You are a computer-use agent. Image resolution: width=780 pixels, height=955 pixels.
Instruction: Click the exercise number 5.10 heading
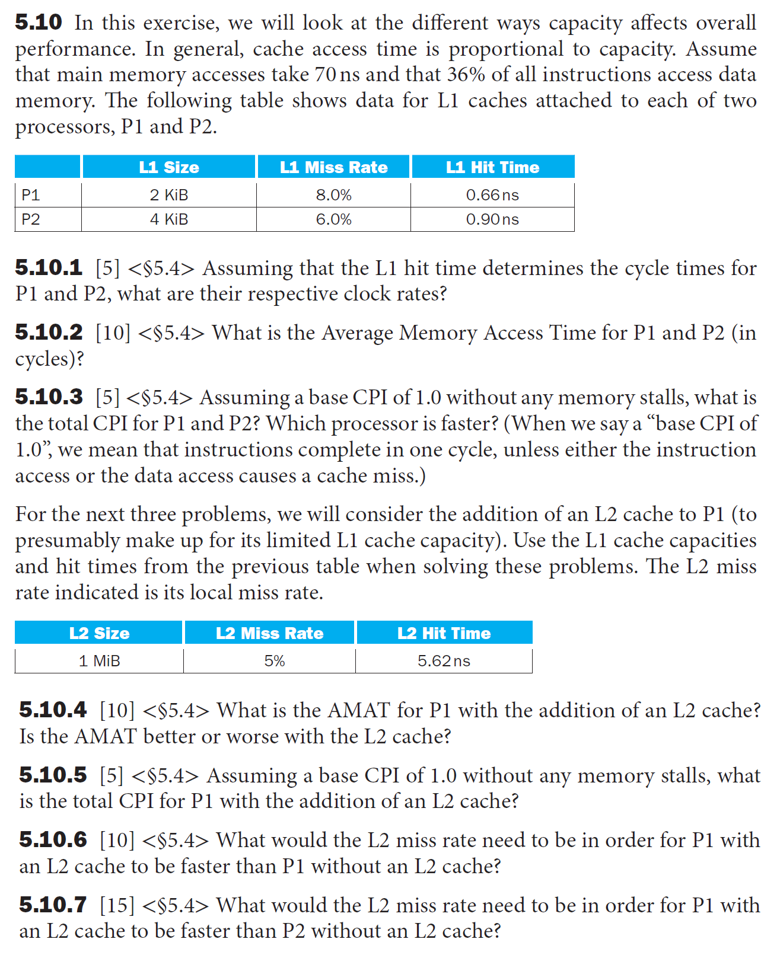pos(39,23)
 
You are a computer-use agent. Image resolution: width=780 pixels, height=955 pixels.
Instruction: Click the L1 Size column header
pos(169,167)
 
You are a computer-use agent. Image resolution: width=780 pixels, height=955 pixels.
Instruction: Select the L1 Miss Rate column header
pos(333,167)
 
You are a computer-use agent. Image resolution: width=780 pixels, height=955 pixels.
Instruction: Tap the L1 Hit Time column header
pos(492,167)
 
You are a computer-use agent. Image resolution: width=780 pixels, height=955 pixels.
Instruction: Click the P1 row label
pos(31,195)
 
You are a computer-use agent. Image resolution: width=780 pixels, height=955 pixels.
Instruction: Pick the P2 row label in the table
pos(31,219)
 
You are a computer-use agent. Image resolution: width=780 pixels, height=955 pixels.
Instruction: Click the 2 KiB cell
pos(169,195)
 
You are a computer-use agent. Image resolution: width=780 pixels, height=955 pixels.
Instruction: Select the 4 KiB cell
pos(169,219)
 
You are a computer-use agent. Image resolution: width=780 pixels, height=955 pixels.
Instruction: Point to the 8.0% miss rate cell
pos(333,195)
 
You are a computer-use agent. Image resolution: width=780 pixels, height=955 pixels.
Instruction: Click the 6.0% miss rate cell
pos(333,219)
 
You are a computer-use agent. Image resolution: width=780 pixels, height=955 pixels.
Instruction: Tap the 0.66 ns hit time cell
pos(492,195)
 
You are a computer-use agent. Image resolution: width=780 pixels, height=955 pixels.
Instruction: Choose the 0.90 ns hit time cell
pos(492,219)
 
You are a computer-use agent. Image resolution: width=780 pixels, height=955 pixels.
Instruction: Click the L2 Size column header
pos(99,633)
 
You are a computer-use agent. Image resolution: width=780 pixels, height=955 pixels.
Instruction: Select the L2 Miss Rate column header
pos(269,633)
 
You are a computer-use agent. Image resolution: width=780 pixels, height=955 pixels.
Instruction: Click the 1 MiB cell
pos(99,661)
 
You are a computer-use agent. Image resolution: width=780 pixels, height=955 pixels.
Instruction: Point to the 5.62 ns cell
pos(444,661)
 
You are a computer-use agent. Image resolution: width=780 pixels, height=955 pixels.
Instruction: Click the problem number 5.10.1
pos(49,268)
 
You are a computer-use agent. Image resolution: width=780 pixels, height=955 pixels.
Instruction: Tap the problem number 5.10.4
pos(53,710)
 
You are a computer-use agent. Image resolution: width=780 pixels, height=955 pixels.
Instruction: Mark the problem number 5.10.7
pos(53,905)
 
